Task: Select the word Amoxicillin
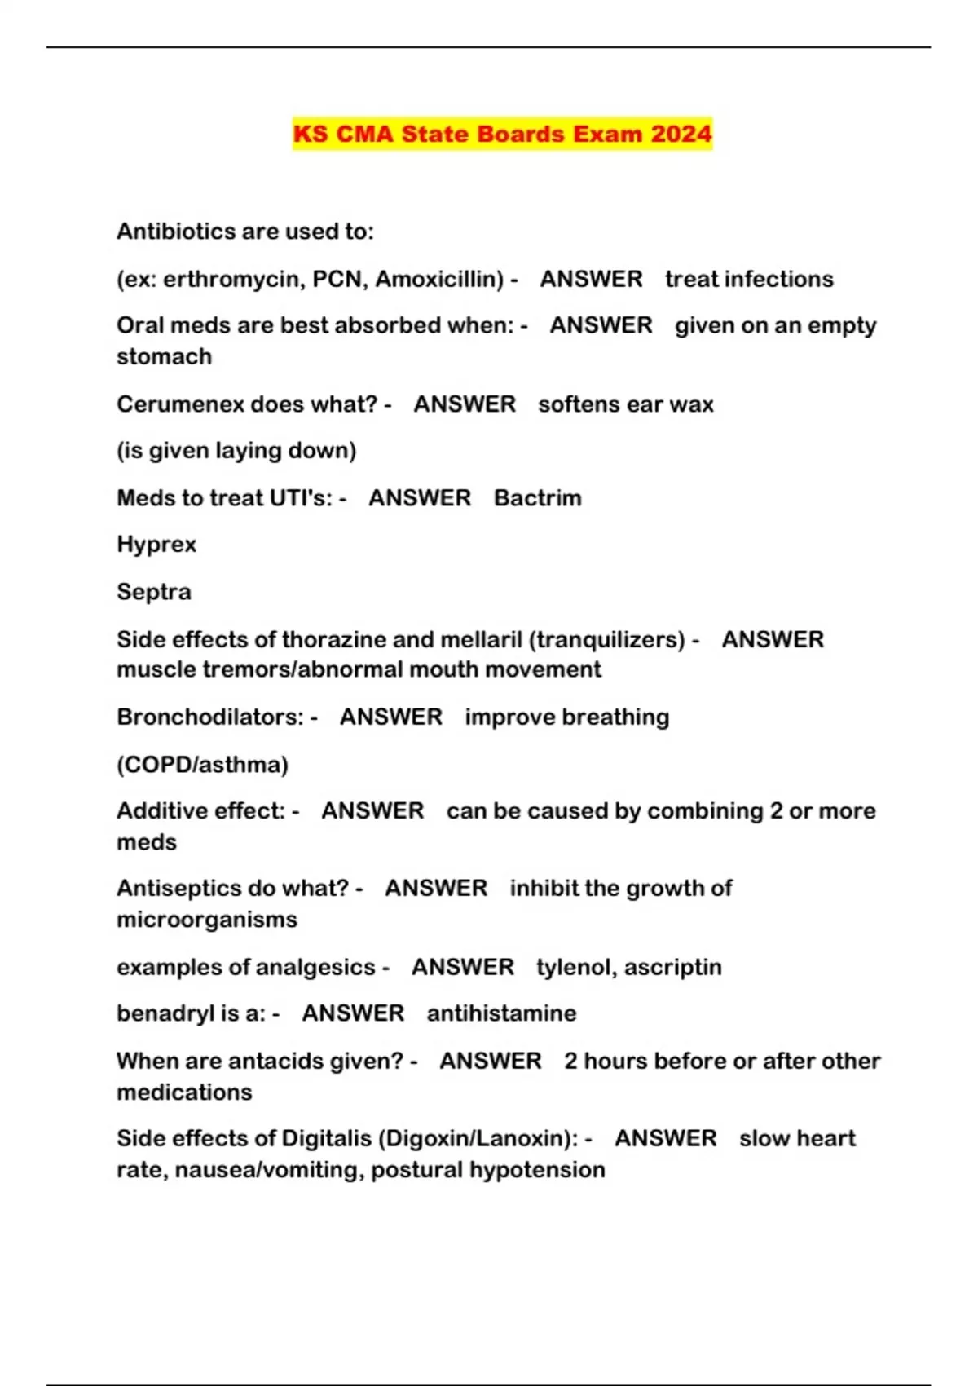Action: (x=439, y=279)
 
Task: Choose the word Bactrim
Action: (x=538, y=498)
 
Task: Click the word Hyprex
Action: (x=156, y=545)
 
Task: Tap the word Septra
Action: (x=154, y=592)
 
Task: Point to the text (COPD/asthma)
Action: (x=202, y=765)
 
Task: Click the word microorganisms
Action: (x=207, y=920)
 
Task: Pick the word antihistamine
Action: (x=501, y=1013)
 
